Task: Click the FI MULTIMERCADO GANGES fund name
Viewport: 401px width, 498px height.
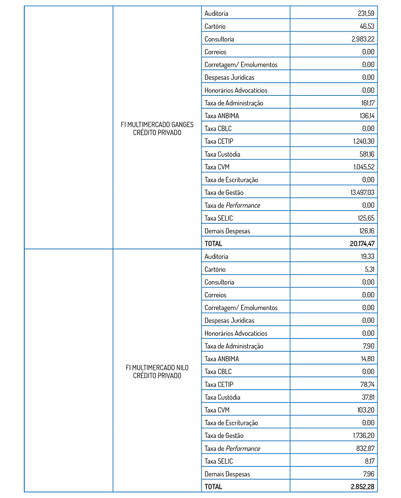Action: pos(157,129)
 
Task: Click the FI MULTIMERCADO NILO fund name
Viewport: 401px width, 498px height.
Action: pos(157,372)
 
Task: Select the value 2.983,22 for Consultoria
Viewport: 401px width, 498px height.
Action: pos(363,39)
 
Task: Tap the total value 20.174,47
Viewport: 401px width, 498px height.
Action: pos(362,244)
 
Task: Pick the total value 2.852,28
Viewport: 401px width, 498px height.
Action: pos(363,487)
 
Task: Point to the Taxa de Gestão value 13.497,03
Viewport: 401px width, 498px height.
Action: pos(363,192)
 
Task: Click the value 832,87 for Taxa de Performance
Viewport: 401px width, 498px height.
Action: pos(365,448)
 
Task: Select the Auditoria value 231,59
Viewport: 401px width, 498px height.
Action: pos(366,14)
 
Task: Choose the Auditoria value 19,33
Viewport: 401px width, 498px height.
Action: pos(368,257)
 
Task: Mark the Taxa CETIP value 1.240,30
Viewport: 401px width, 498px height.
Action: pos(364,142)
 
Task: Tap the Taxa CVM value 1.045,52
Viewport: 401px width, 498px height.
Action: pos(364,167)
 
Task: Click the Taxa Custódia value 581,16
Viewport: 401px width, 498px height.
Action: pos(367,154)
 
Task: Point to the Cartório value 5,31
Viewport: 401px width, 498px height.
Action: pos(369,269)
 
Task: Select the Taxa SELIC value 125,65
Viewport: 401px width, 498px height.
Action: pos(367,218)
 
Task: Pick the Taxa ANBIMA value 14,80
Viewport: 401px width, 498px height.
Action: pos(368,359)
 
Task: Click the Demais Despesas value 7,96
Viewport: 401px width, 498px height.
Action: pos(369,474)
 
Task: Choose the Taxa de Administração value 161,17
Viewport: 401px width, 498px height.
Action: pos(368,103)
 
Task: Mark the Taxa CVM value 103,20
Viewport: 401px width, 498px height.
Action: pos(366,410)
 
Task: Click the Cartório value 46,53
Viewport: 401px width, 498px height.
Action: pos(367,26)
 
